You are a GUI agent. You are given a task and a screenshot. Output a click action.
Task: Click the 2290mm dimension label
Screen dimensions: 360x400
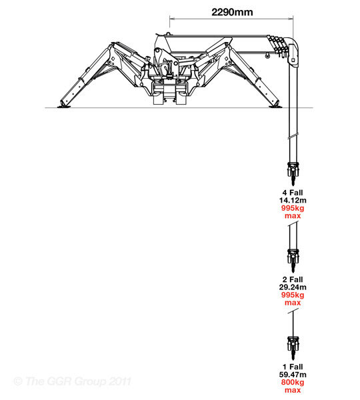tap(232, 12)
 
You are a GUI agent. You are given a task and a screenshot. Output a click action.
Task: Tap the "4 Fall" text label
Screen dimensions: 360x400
tap(293, 193)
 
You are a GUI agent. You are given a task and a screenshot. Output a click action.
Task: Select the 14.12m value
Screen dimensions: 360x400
tap(293, 200)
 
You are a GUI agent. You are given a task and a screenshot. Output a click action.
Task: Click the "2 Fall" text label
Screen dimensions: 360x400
tap(293, 279)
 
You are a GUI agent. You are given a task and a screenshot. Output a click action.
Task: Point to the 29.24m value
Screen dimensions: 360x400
tap(293, 287)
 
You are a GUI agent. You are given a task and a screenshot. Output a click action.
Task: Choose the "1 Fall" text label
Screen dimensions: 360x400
tap(293, 367)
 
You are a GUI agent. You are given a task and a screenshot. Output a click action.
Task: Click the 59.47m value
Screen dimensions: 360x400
tap(293, 375)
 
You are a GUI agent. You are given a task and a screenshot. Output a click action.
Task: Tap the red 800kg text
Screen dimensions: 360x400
tap(293, 382)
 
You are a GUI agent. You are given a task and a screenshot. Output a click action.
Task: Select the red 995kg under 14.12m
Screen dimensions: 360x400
tap(293, 208)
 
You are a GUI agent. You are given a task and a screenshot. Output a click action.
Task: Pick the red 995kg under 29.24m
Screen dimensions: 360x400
tap(293, 295)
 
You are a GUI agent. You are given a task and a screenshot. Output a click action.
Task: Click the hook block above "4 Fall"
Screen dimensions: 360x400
tap(293, 173)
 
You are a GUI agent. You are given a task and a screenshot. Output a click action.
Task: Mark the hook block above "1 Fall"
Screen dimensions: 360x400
tap(293, 347)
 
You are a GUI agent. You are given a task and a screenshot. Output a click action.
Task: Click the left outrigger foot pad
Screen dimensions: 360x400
tap(64, 107)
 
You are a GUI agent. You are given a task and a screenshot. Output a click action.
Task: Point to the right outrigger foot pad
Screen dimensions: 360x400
tap(275, 107)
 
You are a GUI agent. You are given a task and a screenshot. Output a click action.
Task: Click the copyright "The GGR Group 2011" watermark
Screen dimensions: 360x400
tap(73, 381)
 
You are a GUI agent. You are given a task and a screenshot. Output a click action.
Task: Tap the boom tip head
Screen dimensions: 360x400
tap(293, 52)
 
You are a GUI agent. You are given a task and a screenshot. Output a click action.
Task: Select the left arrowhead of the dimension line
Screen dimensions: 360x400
tap(172, 19)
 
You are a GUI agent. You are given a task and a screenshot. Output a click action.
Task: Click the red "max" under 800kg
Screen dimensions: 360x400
tap(293, 390)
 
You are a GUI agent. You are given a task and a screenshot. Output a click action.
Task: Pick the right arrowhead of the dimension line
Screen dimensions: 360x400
tap(291, 19)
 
